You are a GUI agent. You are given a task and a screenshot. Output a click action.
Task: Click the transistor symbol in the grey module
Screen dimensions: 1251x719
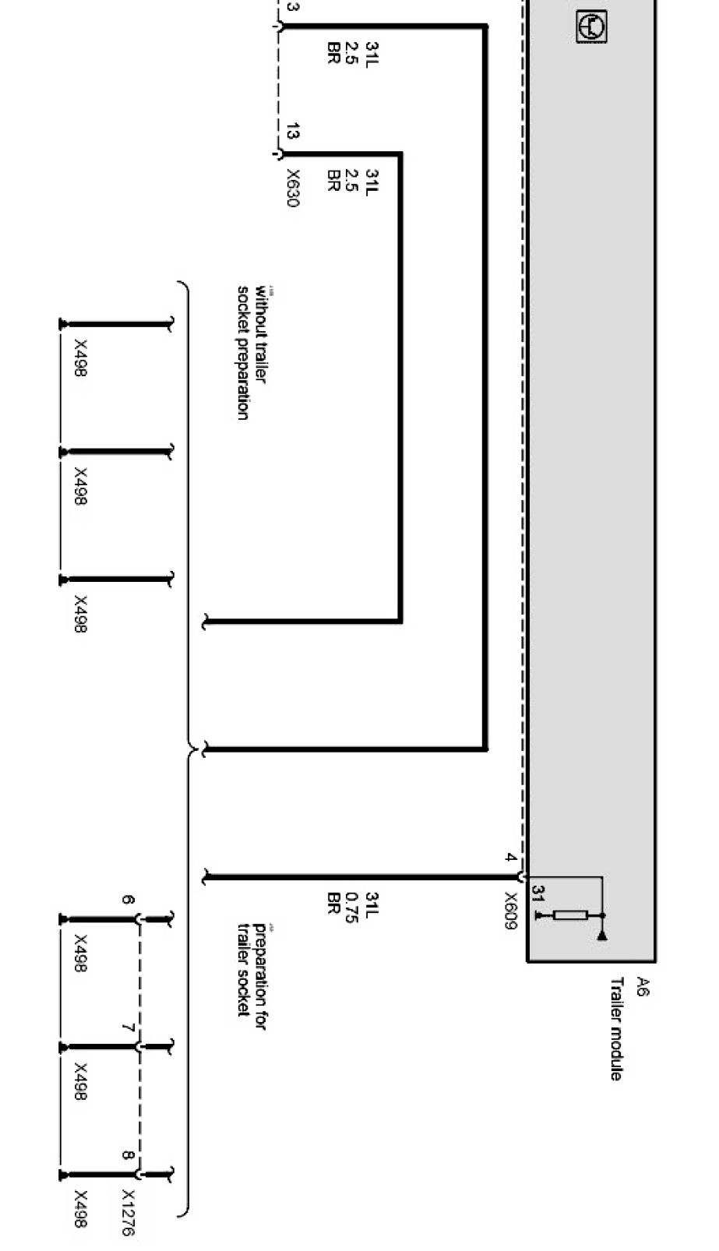pos(592,28)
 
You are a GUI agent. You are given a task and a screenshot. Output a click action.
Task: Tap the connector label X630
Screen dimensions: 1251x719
pos(292,188)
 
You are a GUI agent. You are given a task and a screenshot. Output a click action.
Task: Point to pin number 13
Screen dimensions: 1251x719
pos(291,132)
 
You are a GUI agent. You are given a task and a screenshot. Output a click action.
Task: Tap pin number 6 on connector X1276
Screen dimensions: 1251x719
pos(129,901)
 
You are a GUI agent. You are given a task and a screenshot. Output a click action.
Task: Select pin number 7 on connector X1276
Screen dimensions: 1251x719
pos(129,1029)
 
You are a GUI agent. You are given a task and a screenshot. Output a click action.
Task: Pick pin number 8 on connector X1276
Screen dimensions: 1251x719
pos(129,1156)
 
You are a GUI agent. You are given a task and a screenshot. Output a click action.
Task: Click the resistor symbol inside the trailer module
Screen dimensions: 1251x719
pos(571,914)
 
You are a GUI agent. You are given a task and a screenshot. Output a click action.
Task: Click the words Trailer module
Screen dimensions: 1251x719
pos(616,1028)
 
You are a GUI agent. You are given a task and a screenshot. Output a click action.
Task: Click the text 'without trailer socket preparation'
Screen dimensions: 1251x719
pos(252,354)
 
